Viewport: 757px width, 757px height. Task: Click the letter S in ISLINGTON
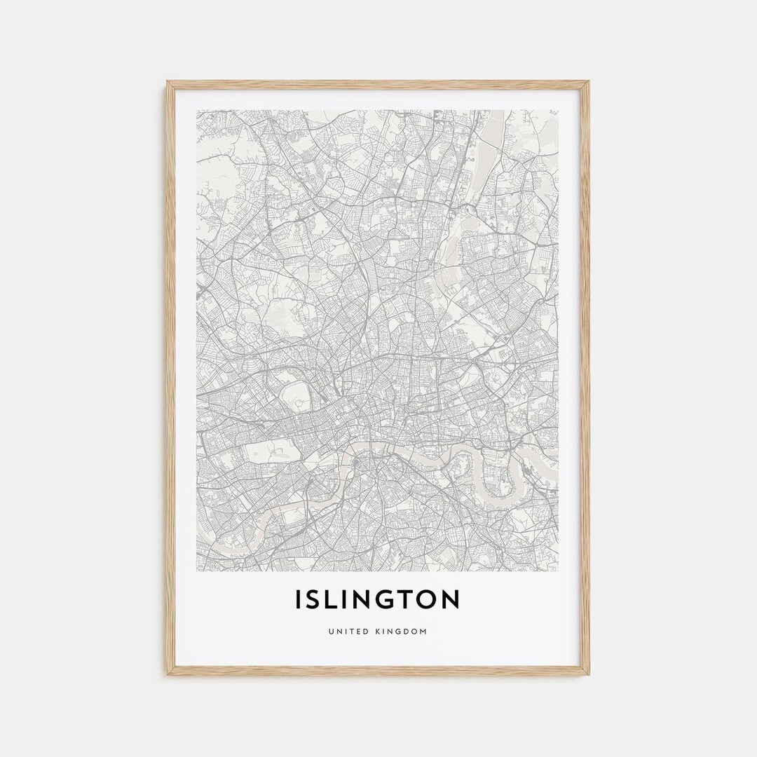tap(316, 599)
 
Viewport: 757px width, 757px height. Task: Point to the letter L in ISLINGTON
tap(334, 599)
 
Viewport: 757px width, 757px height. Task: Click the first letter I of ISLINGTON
tap(300, 599)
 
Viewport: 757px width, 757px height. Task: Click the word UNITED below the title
tap(346, 632)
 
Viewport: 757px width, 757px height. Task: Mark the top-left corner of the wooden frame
tap(168, 83)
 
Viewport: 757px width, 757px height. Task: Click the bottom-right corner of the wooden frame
tap(588, 674)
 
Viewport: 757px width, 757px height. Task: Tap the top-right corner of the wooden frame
tap(588, 83)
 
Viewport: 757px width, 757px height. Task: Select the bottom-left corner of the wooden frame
tap(168, 674)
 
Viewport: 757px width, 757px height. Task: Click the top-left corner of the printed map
tap(197, 110)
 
